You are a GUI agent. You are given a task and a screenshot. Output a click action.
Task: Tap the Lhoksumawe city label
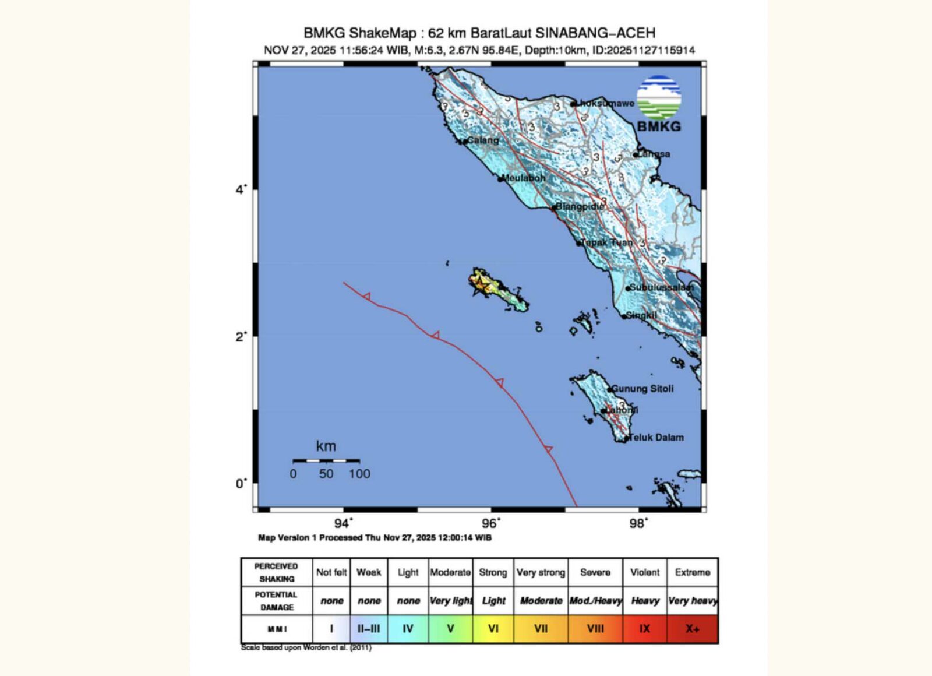pyautogui.click(x=606, y=103)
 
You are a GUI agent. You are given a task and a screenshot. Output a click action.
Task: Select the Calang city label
pyautogui.click(x=483, y=140)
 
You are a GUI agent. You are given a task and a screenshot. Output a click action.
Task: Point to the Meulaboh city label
pyautogui.click(x=524, y=178)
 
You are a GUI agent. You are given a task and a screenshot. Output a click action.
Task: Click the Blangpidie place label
pyautogui.click(x=580, y=206)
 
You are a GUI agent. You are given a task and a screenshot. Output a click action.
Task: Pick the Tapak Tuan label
pyautogui.click(x=606, y=242)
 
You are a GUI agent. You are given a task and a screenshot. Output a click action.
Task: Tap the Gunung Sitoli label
pyautogui.click(x=643, y=389)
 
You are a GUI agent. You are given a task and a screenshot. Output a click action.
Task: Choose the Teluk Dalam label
pyautogui.click(x=656, y=438)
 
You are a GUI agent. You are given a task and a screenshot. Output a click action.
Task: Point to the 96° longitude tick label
pyautogui.click(x=491, y=523)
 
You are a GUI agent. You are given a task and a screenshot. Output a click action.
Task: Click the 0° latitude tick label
pyautogui.click(x=241, y=484)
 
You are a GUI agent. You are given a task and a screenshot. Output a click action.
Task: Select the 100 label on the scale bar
pyautogui.click(x=359, y=474)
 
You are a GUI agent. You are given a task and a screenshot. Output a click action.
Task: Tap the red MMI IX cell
pyautogui.click(x=644, y=629)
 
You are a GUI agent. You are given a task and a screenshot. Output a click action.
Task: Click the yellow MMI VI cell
pyautogui.click(x=493, y=629)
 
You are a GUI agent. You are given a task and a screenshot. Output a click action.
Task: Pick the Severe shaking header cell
pyautogui.click(x=595, y=572)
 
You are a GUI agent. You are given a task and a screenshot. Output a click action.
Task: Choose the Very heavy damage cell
pyautogui.click(x=692, y=601)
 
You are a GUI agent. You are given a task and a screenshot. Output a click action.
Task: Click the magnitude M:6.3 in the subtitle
pyautogui.click(x=428, y=50)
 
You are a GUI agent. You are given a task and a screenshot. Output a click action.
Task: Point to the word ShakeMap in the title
pyautogui.click(x=383, y=33)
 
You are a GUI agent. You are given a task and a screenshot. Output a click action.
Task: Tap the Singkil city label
pyautogui.click(x=641, y=315)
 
